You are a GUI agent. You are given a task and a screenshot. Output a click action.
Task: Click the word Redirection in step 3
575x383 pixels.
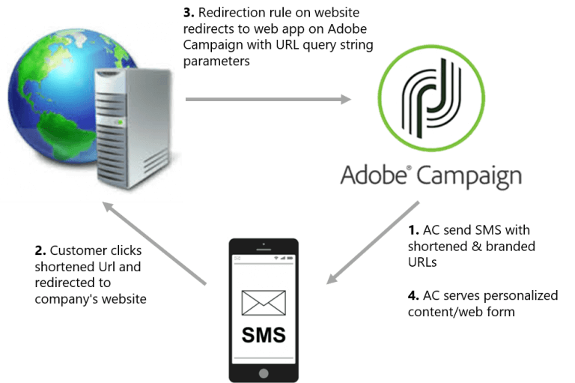(x=228, y=12)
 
